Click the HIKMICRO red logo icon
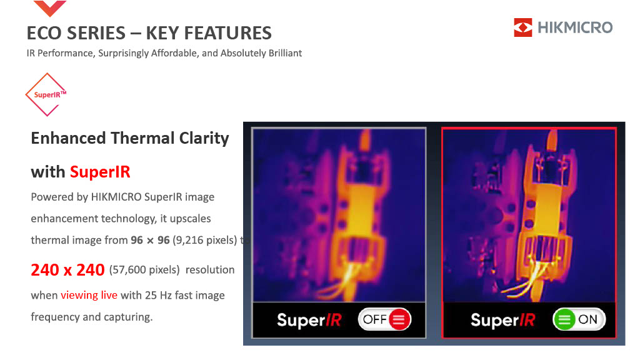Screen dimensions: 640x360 523,27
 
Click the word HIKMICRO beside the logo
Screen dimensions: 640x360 575,27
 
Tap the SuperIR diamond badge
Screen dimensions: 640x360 46,95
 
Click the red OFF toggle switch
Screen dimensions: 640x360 384,319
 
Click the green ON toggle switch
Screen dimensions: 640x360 579,319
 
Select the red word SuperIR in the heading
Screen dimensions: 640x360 100,172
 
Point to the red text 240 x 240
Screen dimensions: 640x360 67,270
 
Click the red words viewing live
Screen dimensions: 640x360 89,295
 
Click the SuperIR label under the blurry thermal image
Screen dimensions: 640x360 309,320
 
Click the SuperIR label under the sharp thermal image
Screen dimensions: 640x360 503,320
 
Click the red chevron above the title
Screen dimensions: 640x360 50,8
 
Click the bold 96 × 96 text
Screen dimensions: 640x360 150,240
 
